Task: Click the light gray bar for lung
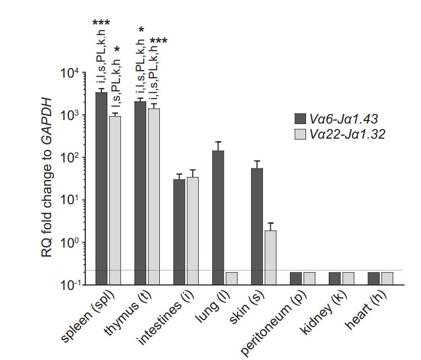[231, 278]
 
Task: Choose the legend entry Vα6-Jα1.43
[342, 118]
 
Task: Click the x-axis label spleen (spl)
[90, 318]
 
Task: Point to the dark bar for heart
[374, 278]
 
